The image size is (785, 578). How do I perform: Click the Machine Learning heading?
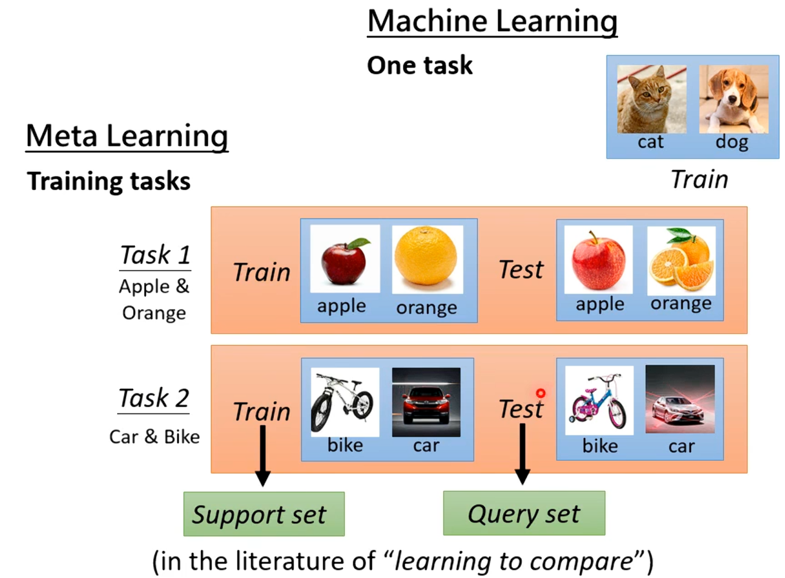(x=492, y=22)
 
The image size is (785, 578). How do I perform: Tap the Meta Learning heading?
(x=127, y=136)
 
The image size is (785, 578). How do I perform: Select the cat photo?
(x=651, y=100)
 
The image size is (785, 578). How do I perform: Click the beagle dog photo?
(x=733, y=100)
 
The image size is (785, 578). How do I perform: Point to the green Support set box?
(x=264, y=514)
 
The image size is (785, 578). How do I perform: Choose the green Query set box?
(x=524, y=514)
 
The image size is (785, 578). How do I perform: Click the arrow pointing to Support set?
(x=262, y=455)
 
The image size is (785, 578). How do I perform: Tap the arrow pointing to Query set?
(x=523, y=454)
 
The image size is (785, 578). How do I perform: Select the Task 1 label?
(x=155, y=255)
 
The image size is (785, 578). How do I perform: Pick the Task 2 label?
(x=154, y=399)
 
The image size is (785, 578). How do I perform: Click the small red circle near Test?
(x=540, y=393)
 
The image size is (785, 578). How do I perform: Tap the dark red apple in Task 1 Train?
(x=345, y=260)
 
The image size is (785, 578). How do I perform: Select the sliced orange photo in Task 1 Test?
(x=681, y=260)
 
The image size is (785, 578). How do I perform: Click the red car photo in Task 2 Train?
(x=426, y=402)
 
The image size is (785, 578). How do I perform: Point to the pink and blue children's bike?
(x=598, y=401)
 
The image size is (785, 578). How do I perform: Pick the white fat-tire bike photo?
(x=345, y=402)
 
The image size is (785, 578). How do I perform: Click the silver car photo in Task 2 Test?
(x=680, y=399)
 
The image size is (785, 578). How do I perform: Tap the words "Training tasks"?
(x=109, y=181)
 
